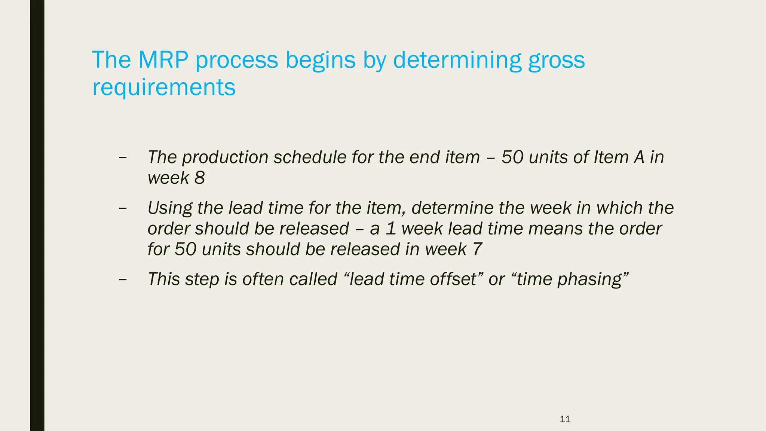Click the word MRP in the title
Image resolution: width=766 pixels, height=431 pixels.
tap(163, 60)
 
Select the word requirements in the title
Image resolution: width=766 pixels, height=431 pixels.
tap(164, 88)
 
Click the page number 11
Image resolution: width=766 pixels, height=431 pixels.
tap(565, 419)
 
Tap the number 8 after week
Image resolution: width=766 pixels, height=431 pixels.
tap(200, 178)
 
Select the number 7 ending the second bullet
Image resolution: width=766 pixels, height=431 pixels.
tap(477, 249)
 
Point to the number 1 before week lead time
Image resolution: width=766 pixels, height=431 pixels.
tap(391, 229)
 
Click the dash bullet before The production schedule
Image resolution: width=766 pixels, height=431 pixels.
tap(122, 158)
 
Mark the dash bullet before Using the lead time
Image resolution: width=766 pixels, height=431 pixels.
tap(122, 208)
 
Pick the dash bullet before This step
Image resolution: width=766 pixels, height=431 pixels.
tap(122, 279)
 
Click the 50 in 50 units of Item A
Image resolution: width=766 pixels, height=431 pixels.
tap(512, 157)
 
